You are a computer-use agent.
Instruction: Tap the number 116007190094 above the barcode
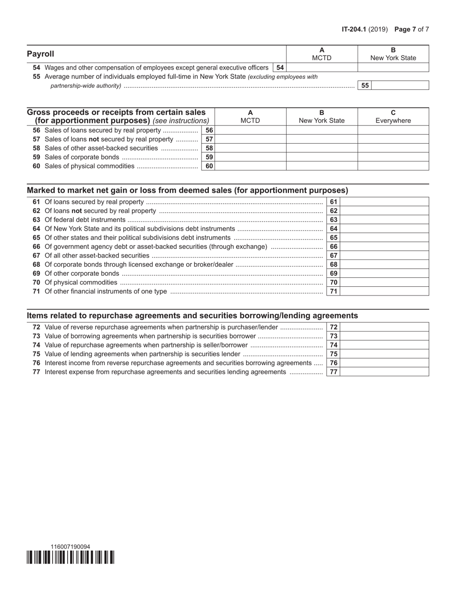click(70, 547)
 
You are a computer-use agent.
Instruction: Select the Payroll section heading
click(41, 54)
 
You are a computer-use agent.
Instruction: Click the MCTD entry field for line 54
click(322, 68)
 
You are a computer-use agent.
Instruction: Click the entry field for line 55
click(400, 86)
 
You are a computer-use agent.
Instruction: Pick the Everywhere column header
click(393, 121)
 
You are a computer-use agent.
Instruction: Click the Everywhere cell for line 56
click(393, 130)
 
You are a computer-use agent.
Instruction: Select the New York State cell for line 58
click(322, 148)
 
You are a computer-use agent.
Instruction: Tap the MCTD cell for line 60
click(250, 166)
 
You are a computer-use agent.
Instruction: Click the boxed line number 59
click(209, 157)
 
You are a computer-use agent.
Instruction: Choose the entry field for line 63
click(384, 220)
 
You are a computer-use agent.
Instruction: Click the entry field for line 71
click(384, 291)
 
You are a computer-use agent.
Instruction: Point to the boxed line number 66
click(334, 246)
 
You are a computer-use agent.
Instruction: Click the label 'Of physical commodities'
click(81, 282)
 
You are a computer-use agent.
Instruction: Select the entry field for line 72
click(384, 327)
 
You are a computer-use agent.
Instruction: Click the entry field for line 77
click(384, 372)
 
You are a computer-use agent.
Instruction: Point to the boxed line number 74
click(334, 345)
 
